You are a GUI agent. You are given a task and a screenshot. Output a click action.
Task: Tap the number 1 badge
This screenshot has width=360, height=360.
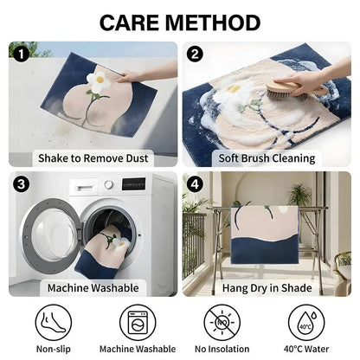[x=21, y=54]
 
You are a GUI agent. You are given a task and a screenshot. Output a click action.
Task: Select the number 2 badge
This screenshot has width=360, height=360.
[x=195, y=54]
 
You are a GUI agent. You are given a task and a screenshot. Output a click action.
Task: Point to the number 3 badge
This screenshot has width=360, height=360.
[x=21, y=183]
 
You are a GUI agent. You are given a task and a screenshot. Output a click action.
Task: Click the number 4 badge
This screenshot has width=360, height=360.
[x=195, y=183]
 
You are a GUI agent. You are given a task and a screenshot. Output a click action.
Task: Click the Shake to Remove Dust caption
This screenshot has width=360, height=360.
[x=93, y=158]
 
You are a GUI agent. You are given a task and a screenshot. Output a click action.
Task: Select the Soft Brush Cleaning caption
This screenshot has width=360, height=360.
[x=267, y=158]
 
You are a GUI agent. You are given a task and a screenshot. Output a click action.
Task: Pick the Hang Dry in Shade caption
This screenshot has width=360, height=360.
[x=267, y=288]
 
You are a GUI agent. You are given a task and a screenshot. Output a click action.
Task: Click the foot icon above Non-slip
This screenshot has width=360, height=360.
[x=54, y=323]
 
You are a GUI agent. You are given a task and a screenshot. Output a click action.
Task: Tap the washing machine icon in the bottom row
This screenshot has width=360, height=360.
[x=138, y=323]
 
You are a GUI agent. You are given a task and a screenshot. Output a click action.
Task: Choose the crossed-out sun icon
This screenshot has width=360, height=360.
[x=222, y=323]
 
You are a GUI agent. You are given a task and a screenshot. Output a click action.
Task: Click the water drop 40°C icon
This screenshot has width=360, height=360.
[x=306, y=323]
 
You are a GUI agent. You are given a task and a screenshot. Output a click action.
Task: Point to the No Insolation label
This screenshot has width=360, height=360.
[x=222, y=349]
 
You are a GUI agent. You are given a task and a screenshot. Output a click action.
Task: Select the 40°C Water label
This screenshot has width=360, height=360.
[x=306, y=349]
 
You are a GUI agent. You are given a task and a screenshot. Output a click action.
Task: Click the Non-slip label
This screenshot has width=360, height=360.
[x=54, y=349]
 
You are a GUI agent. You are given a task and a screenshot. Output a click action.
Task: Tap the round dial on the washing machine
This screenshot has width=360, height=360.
[x=108, y=184]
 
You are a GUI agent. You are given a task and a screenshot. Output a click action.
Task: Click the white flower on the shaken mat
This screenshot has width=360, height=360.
[x=100, y=80]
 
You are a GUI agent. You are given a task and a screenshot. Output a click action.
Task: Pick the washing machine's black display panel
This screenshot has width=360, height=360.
[x=133, y=183]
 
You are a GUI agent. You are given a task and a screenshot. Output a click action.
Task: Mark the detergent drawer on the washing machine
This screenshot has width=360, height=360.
[x=83, y=188]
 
